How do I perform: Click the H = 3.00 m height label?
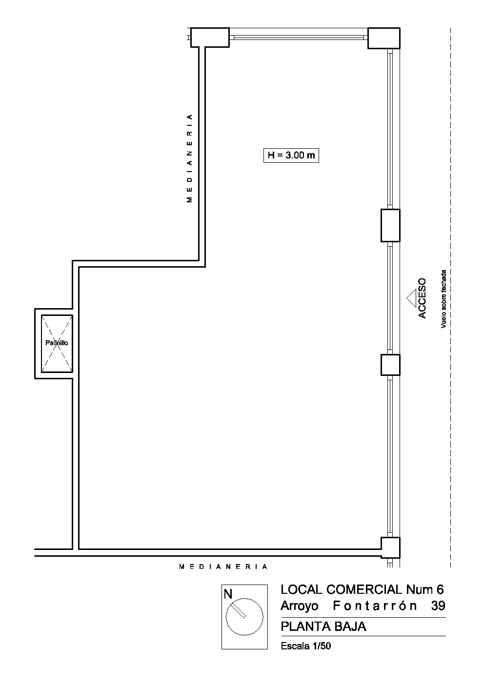click(x=291, y=155)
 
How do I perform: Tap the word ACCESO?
click(x=422, y=298)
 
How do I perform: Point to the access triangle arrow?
click(x=411, y=298)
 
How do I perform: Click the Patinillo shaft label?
click(x=57, y=343)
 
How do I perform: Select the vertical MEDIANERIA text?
click(x=189, y=158)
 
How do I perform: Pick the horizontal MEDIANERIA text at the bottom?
click(x=223, y=567)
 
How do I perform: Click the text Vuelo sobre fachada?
click(x=444, y=299)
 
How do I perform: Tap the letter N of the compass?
click(x=228, y=594)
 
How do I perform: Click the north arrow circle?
click(x=244, y=617)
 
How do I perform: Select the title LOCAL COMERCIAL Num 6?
click(x=362, y=589)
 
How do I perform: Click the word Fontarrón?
click(x=375, y=606)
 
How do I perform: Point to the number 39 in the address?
click(x=438, y=606)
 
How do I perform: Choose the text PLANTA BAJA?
click(x=323, y=626)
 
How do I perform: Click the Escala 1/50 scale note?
click(x=306, y=646)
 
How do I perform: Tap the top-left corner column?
click(x=210, y=38)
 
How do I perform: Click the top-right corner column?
click(x=384, y=38)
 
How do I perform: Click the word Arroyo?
click(x=300, y=606)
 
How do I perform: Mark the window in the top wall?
click(x=299, y=37)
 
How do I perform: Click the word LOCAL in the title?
click(x=301, y=589)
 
